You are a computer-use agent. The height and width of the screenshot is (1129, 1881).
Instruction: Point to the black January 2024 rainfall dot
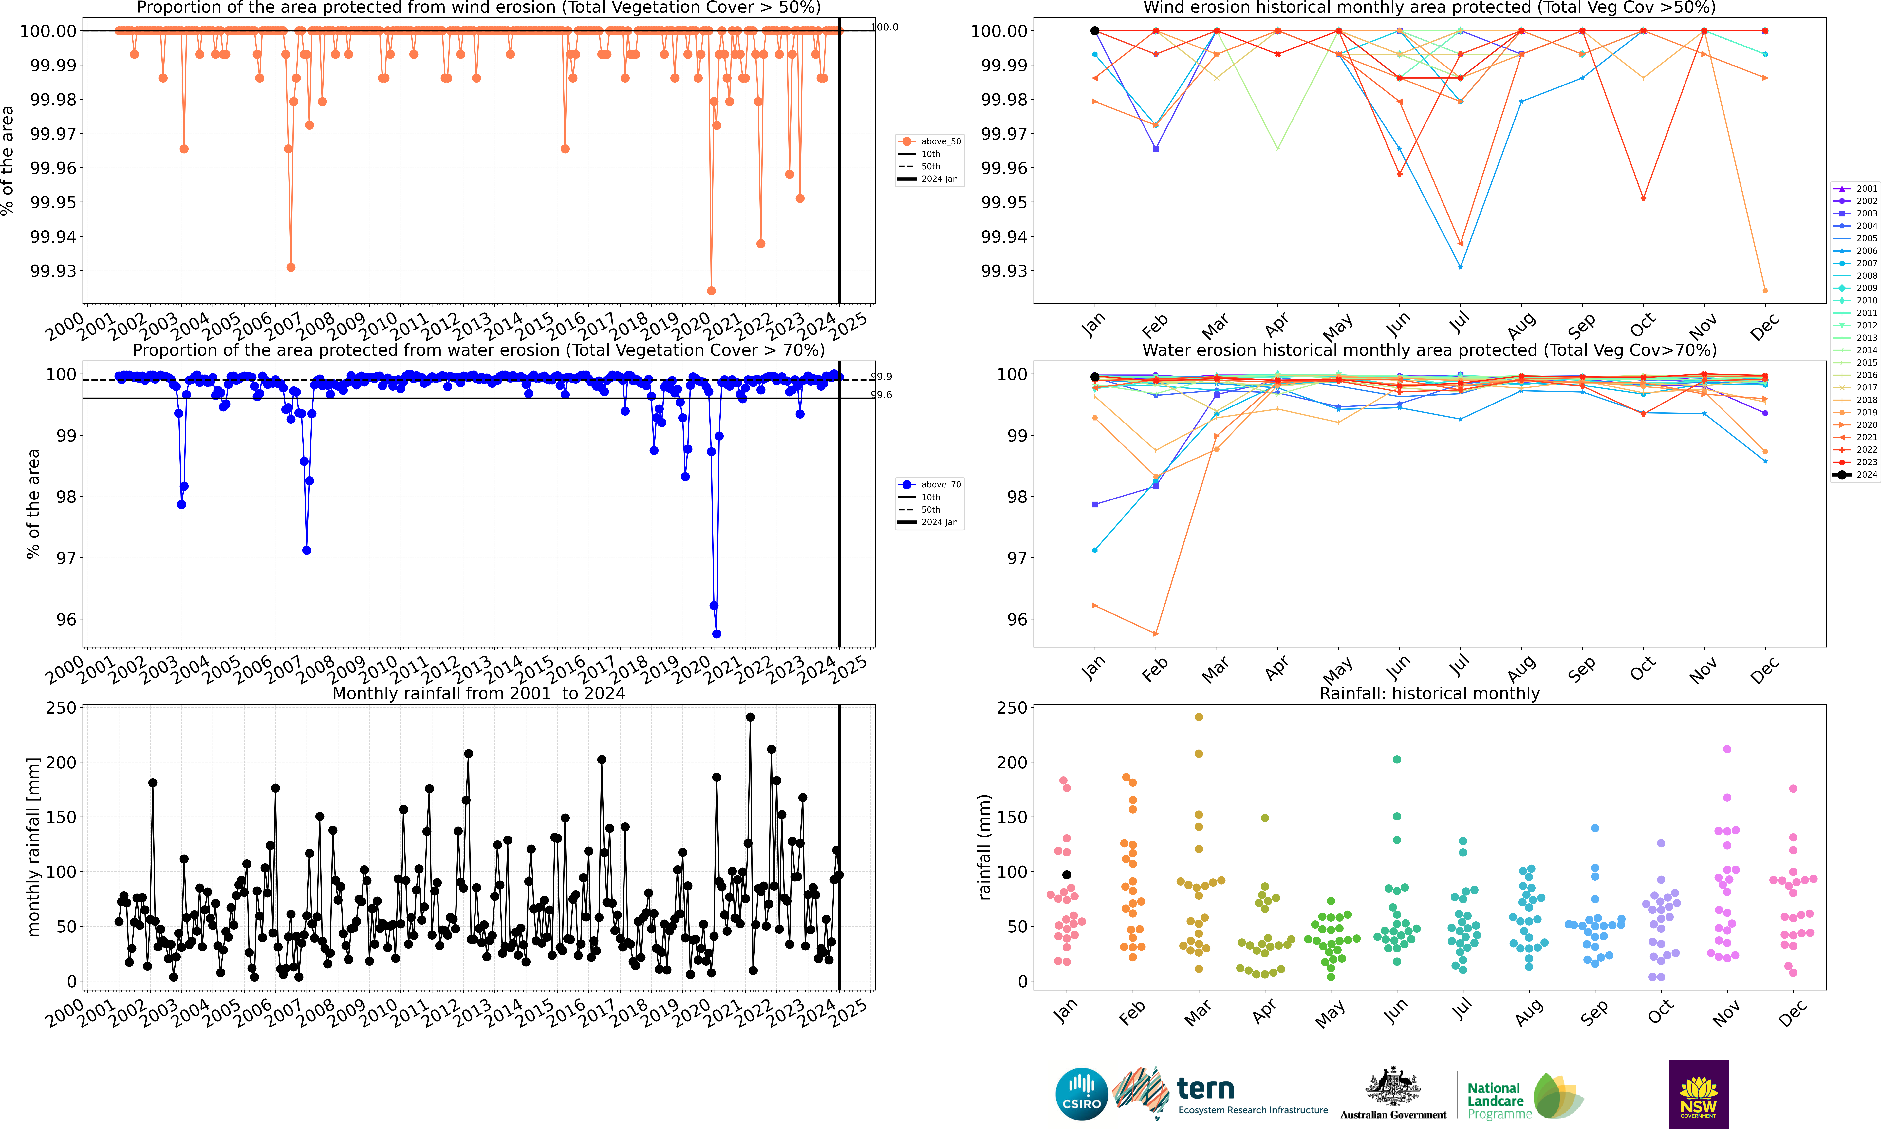point(1066,875)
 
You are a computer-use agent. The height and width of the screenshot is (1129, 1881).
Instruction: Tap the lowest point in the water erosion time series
point(717,634)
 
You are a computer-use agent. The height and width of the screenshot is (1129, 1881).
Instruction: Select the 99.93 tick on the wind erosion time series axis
point(53,271)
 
